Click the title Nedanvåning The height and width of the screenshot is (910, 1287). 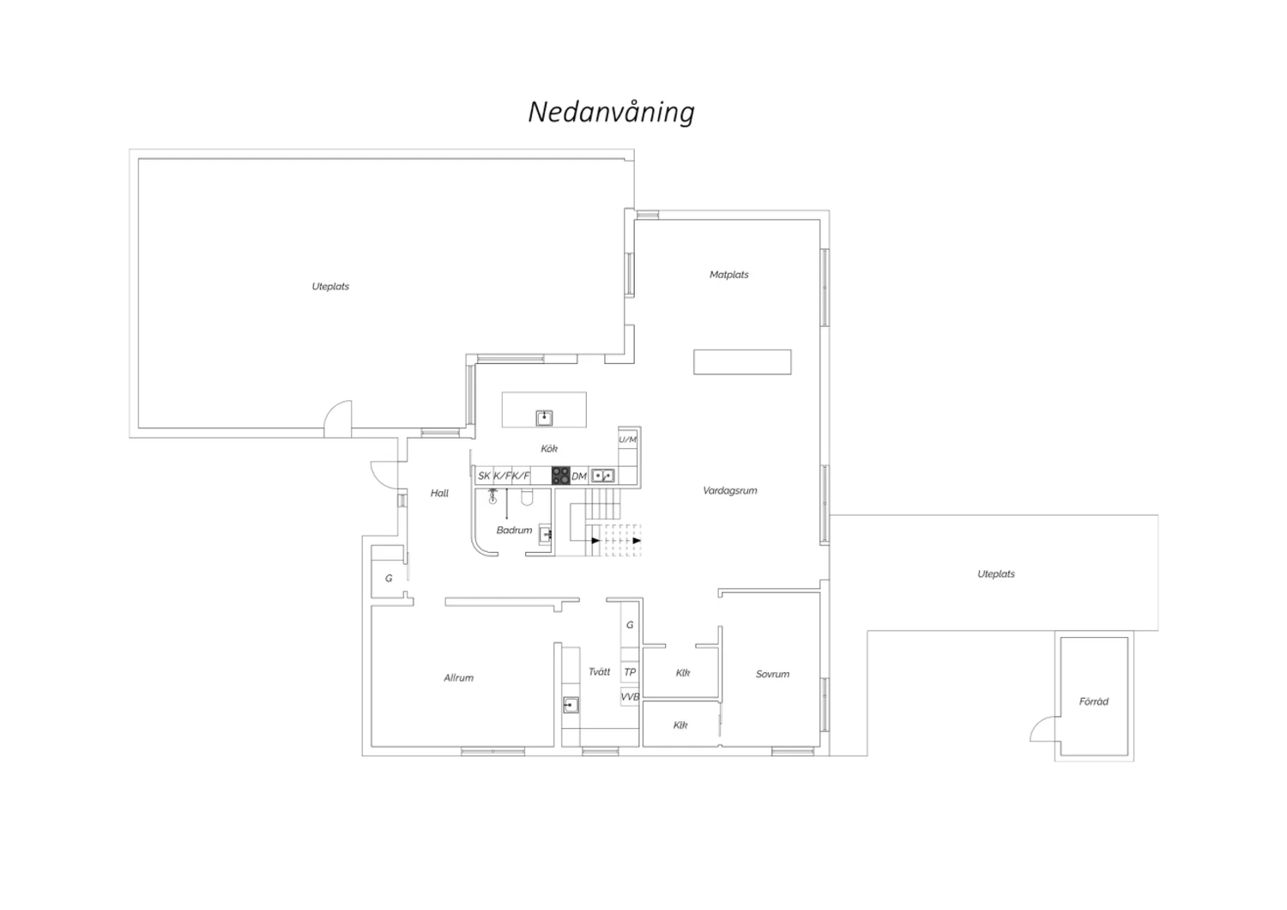[611, 112]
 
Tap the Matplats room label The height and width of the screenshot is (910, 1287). [728, 275]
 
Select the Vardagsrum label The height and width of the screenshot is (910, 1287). [729, 491]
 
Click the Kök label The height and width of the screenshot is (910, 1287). [549, 448]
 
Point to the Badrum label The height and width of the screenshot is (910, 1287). [514, 530]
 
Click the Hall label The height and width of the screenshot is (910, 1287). [439, 494]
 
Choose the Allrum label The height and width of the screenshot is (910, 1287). [458, 678]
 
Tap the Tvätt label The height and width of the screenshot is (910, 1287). [599, 671]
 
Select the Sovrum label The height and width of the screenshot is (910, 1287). [772, 674]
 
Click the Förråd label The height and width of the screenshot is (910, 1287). [1093, 701]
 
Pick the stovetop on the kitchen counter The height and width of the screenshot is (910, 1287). [561, 476]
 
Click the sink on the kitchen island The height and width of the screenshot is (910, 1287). [544, 418]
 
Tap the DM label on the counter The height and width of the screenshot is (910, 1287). [579, 476]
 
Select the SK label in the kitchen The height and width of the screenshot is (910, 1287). [485, 476]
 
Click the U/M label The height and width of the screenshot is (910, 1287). [627, 440]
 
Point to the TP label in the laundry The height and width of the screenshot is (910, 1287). [630, 672]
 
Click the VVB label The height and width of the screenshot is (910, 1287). [630, 697]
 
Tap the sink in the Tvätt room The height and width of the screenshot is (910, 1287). [571, 705]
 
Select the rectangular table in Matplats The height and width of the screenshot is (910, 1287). [742, 362]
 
